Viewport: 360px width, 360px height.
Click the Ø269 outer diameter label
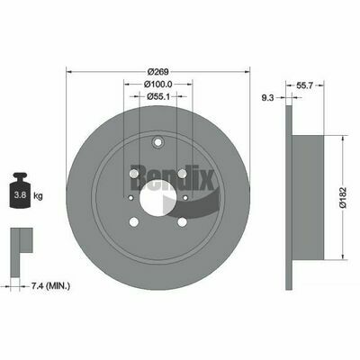click(x=158, y=72)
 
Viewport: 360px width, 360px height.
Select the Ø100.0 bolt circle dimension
click(x=157, y=85)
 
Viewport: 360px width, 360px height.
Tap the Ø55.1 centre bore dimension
click(x=158, y=96)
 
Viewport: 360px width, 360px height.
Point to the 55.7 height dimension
click(x=305, y=85)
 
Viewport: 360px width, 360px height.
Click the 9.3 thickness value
click(x=267, y=97)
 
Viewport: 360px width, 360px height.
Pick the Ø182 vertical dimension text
click(x=343, y=197)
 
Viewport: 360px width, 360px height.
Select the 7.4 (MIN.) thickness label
click(x=50, y=286)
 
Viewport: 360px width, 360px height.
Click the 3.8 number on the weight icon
click(x=20, y=195)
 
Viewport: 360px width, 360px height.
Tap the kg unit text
click(x=38, y=196)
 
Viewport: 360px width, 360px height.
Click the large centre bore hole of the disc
click(x=158, y=198)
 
